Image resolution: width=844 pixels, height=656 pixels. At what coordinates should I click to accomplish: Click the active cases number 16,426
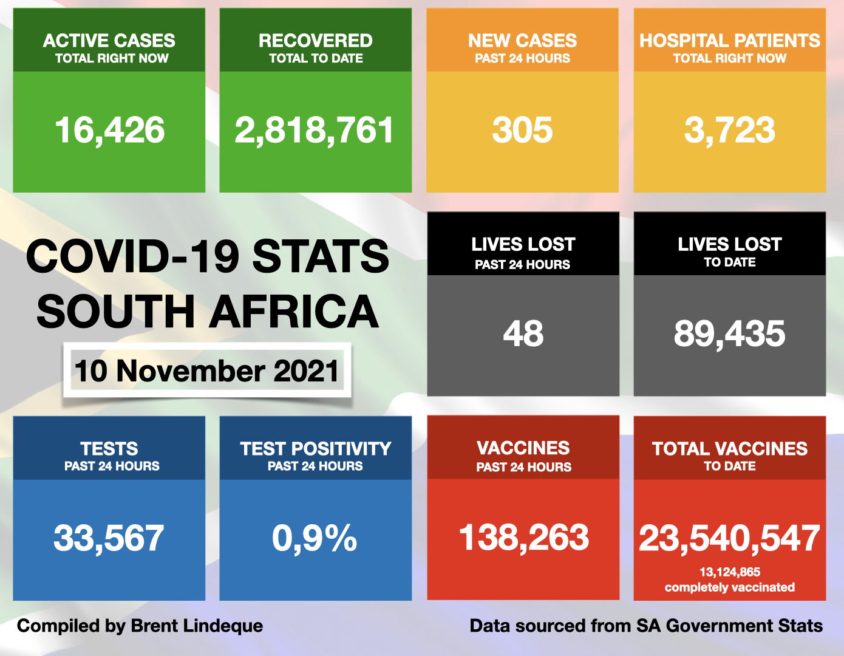[109, 130]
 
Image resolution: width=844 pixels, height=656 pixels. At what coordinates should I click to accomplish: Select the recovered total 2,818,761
[315, 130]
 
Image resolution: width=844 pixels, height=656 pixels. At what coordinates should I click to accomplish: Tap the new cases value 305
[522, 130]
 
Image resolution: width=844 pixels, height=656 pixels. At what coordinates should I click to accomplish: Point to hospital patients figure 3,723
[729, 130]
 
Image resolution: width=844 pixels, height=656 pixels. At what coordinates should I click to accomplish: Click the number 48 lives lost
[523, 333]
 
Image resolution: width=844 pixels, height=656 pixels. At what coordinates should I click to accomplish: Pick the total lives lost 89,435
[729, 333]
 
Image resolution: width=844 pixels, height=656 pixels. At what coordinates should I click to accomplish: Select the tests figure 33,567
[109, 538]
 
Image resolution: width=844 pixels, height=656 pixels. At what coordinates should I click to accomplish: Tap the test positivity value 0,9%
[315, 538]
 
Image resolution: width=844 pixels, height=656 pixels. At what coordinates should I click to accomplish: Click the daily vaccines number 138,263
[523, 538]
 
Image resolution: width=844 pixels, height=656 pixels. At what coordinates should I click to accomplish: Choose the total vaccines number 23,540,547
[729, 538]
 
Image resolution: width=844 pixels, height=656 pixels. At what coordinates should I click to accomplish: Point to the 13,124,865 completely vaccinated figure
[729, 572]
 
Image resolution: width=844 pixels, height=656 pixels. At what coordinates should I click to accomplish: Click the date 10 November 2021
[206, 371]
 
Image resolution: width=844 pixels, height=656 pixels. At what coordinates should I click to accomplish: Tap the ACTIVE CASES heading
[109, 41]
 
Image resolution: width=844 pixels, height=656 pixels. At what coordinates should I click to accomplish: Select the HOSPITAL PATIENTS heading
[729, 41]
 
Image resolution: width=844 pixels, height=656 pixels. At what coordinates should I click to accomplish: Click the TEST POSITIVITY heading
[315, 449]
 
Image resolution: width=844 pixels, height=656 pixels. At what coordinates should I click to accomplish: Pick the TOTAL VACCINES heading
[729, 449]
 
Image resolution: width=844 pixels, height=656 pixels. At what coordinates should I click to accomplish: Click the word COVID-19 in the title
[134, 256]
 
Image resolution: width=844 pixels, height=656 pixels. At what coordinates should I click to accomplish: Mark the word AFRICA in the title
[294, 312]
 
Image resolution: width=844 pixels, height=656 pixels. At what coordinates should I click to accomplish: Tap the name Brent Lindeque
[197, 626]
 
